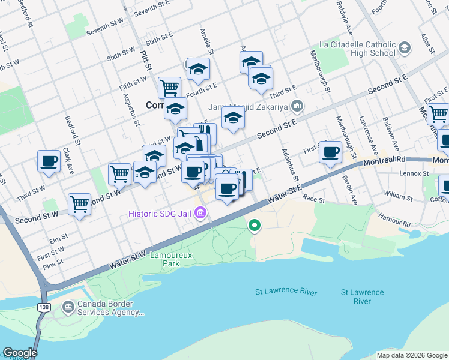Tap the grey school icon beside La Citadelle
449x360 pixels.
tap(405, 47)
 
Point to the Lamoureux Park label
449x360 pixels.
tap(179, 259)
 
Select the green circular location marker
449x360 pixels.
tap(255, 226)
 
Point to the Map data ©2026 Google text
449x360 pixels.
tap(411, 355)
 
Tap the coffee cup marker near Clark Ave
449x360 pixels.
tap(49, 161)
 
